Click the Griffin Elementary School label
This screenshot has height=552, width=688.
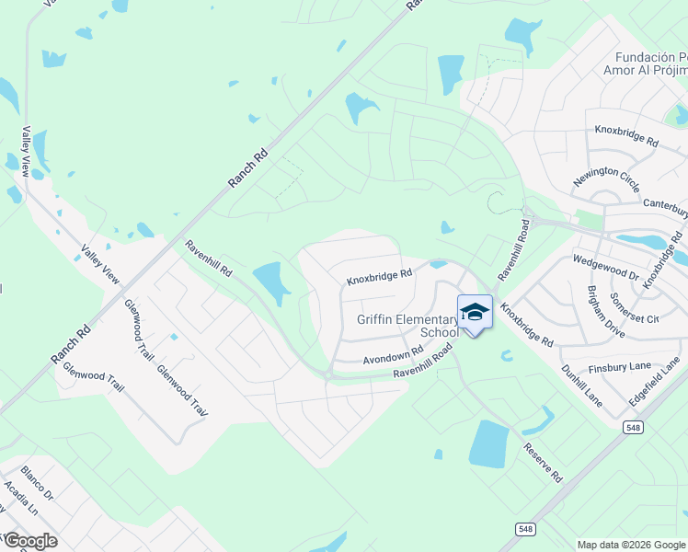tap(407, 326)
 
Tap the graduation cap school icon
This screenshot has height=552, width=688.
tap(475, 313)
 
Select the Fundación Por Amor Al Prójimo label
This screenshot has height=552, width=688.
tap(645, 63)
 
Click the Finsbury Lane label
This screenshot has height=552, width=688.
tap(622, 366)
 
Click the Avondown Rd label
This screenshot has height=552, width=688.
tap(393, 354)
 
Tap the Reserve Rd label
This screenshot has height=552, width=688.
tap(543, 462)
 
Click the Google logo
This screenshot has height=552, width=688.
tap(29, 541)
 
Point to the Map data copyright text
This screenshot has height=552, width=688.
tap(631, 545)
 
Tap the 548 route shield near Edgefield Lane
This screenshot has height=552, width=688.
tap(632, 427)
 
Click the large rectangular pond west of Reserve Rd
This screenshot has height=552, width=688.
tap(488, 443)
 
